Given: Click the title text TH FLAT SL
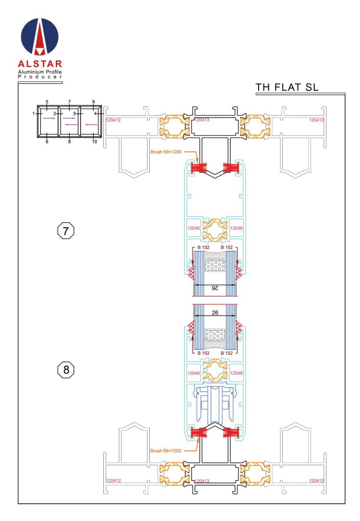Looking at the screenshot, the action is coord(287,87).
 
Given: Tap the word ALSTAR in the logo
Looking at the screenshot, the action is coord(40,64).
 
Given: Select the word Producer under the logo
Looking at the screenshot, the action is coord(40,77).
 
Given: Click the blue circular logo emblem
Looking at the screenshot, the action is coord(40,36).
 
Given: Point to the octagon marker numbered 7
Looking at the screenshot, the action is coord(66,231).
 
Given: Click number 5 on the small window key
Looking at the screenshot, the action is coord(47,102).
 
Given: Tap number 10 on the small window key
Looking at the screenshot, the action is coord(94,142).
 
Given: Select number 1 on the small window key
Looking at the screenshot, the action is coord(34,113).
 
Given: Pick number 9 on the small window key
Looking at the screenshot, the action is coord(93,102).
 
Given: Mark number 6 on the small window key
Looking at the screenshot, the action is coord(47,142).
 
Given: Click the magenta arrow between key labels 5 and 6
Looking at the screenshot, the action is coord(49,118).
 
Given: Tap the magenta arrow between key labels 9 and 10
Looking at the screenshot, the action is coord(91,125).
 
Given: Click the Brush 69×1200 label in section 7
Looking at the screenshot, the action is coord(166,152).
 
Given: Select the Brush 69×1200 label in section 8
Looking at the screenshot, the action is coord(166,451).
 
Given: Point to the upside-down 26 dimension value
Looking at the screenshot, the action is coord(215,288).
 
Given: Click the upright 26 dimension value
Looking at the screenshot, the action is coord(215,313).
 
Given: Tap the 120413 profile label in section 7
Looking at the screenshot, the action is coord(202,120).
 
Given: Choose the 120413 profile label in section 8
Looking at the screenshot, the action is coord(202,481).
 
